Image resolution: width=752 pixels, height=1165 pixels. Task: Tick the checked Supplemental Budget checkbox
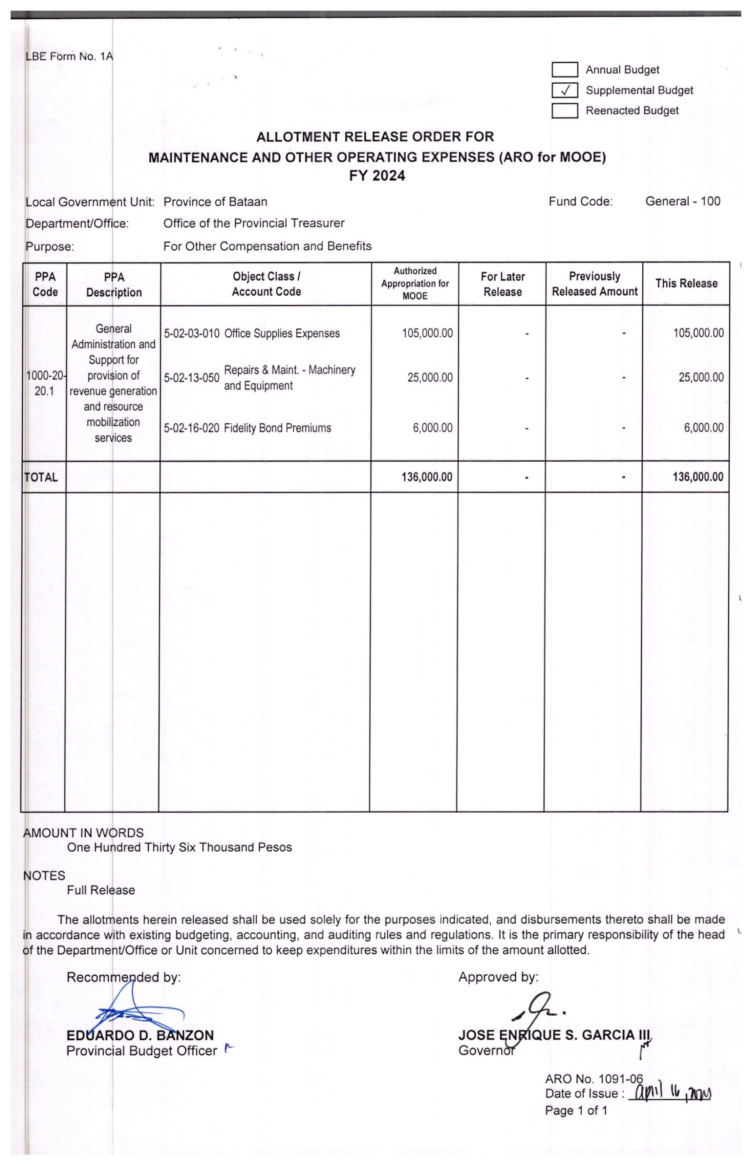565,91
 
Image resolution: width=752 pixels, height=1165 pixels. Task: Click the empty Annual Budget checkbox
565,70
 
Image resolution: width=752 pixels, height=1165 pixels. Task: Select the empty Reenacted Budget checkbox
565,111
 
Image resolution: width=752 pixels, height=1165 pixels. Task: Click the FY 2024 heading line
376,176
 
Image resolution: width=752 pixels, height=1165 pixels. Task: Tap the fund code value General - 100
682,202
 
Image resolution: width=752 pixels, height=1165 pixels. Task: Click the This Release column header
686,284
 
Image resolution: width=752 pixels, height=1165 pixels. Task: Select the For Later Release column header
502,284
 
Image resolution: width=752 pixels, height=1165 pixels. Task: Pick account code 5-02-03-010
192,334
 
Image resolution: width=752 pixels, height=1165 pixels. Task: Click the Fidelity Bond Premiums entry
277,428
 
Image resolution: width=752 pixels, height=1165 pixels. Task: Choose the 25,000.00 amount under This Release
701,378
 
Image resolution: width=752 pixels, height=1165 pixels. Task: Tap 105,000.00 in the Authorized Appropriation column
427,334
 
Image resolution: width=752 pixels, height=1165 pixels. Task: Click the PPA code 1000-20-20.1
45,383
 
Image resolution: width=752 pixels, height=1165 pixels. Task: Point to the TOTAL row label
41,477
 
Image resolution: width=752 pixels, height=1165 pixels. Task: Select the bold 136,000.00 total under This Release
698,477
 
